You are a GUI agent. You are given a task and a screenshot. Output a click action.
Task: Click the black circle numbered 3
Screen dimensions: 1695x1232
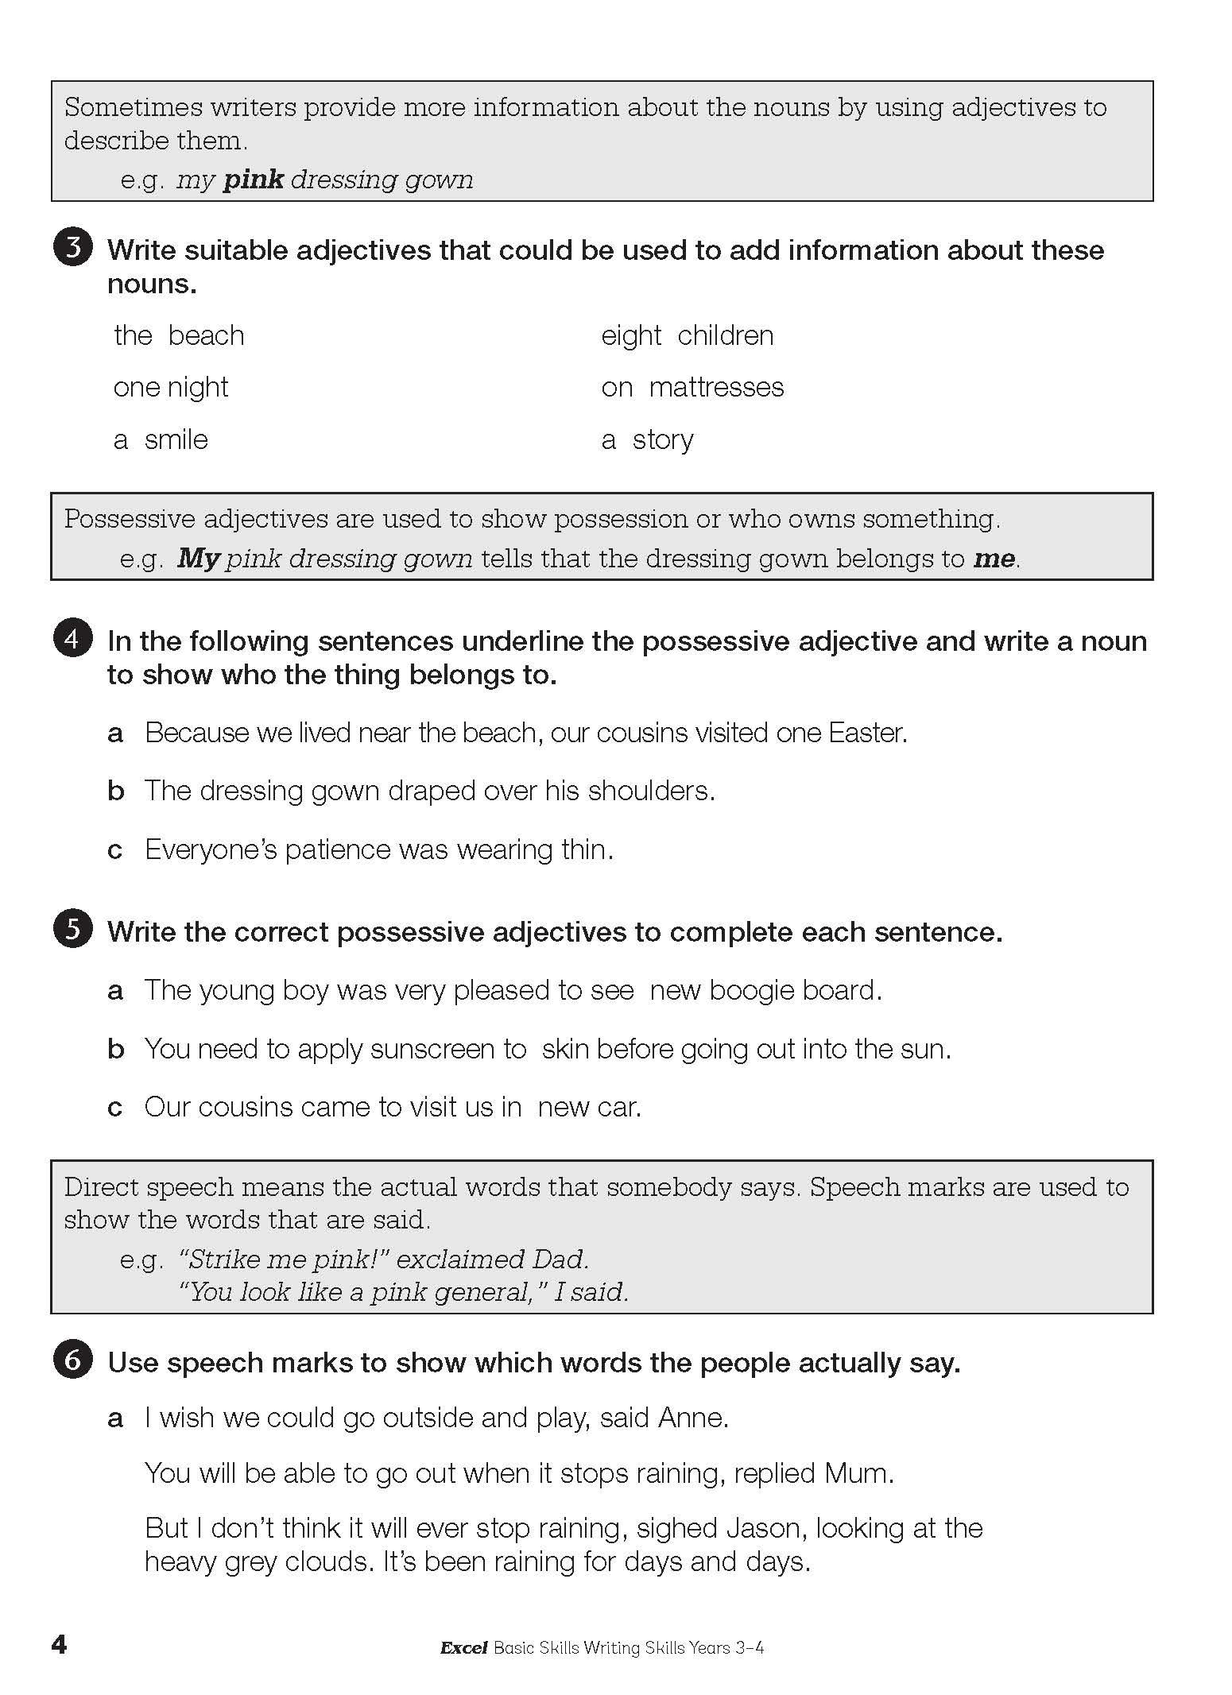pyautogui.click(x=72, y=249)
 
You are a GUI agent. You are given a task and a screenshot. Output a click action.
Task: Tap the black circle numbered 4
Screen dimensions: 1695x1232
pyautogui.click(x=72, y=639)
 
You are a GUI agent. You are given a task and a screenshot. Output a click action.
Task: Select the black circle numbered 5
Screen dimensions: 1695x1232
pyautogui.click(x=72, y=930)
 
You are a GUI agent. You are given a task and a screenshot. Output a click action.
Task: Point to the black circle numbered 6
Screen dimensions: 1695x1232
pyautogui.click(x=72, y=1360)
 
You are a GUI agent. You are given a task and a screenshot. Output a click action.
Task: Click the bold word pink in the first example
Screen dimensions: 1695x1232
pyautogui.click(x=253, y=180)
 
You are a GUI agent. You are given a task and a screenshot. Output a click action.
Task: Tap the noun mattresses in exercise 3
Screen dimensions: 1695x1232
pyautogui.click(x=716, y=388)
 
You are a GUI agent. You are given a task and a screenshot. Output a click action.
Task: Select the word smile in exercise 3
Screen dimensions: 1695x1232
pyautogui.click(x=176, y=439)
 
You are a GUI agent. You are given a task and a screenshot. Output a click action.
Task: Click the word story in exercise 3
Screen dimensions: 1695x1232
pyautogui.click(x=663, y=439)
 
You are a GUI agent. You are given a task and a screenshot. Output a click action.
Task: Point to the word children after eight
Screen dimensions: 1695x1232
pyautogui.click(x=725, y=336)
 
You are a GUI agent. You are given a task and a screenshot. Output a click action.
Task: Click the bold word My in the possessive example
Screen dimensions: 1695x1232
pyautogui.click(x=198, y=559)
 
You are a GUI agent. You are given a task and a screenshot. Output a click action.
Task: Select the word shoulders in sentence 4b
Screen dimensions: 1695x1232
pyautogui.click(x=651, y=791)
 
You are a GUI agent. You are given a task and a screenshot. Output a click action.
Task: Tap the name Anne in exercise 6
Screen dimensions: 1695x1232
pyautogui.click(x=693, y=1418)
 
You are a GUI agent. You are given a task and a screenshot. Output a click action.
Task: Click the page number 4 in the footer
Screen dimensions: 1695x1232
pyautogui.click(x=59, y=1644)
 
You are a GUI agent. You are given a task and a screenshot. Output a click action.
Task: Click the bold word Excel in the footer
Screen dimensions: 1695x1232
pyautogui.click(x=463, y=1648)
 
